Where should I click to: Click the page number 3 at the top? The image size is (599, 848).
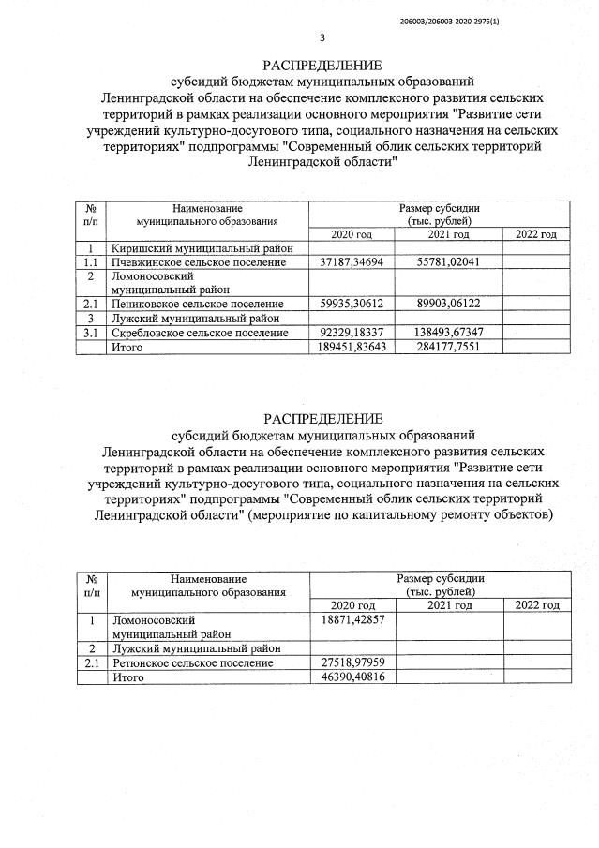322,38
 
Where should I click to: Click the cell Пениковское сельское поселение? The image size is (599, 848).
197,305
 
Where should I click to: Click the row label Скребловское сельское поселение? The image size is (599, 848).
201,333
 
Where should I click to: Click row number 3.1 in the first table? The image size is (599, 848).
91,333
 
